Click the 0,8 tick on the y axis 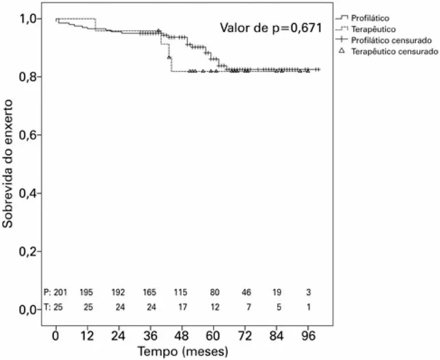[x=30, y=77]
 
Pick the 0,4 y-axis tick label [x=30, y=194]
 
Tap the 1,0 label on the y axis [x=30, y=19]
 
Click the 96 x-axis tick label [x=309, y=335]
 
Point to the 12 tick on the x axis [x=87, y=335]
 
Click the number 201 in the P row [x=60, y=292]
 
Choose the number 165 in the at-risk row [x=150, y=292]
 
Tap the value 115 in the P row [x=182, y=292]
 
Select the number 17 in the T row [x=182, y=307]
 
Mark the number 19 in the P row [x=277, y=292]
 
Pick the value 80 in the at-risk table [x=214, y=292]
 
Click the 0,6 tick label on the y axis [x=30, y=135]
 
